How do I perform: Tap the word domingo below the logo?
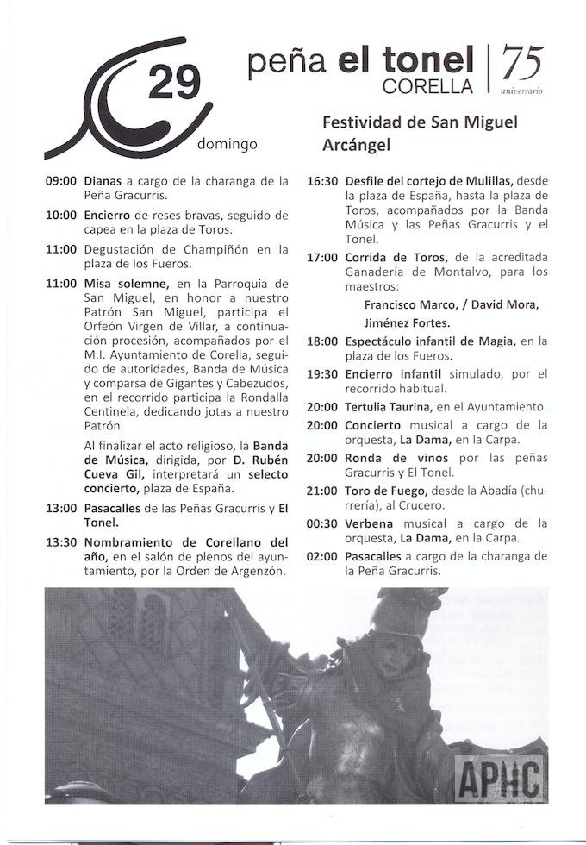coord(228,144)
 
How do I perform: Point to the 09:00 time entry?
coord(61,182)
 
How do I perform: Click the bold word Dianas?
coord(103,182)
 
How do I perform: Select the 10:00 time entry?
coord(61,216)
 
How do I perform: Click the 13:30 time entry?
coord(61,542)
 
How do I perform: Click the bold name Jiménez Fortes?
coord(407,322)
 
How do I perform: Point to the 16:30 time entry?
coord(323,182)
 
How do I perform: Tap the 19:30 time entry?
coord(323,374)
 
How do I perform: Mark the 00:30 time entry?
coord(323,524)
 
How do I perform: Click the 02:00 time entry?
coord(323,557)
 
